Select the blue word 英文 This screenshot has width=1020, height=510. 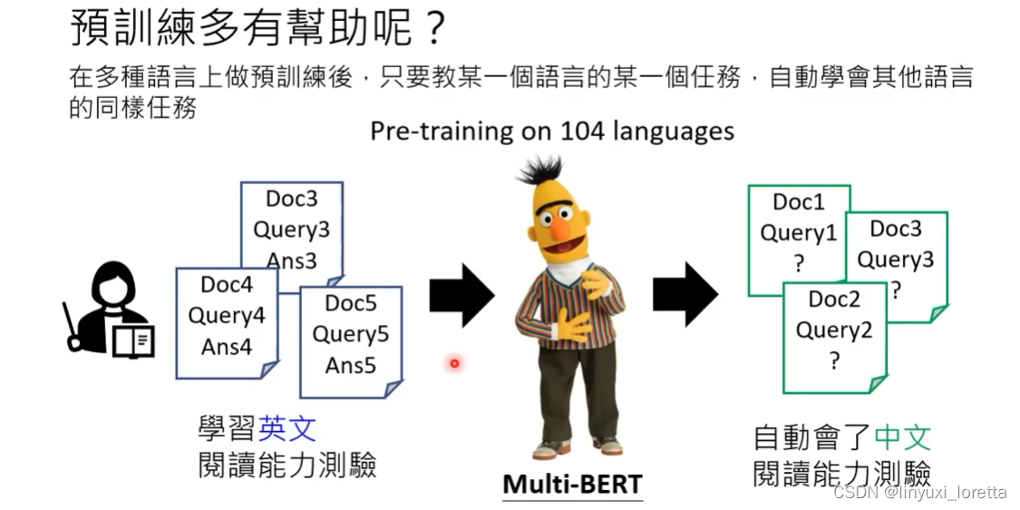pyautogui.click(x=287, y=430)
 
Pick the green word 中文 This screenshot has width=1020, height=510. pyautogui.click(x=902, y=437)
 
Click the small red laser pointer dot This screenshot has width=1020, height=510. pyautogui.click(x=455, y=364)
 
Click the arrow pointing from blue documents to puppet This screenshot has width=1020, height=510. pyautogui.click(x=461, y=295)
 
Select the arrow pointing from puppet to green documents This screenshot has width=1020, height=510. pyautogui.click(x=685, y=295)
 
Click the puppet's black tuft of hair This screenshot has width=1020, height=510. pyautogui.click(x=539, y=172)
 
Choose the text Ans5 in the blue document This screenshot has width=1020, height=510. pyautogui.click(x=351, y=366)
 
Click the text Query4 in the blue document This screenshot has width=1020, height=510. pyautogui.click(x=227, y=315)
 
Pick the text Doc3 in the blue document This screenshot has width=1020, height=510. pyautogui.click(x=291, y=199)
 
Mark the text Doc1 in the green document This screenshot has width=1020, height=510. pyautogui.click(x=799, y=202)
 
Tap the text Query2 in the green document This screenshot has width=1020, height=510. pyautogui.click(x=834, y=331)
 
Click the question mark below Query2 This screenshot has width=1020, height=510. pyautogui.click(x=835, y=361)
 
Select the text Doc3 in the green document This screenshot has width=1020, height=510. pyautogui.click(x=896, y=229)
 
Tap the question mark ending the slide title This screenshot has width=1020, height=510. pyautogui.click(x=434, y=29)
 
